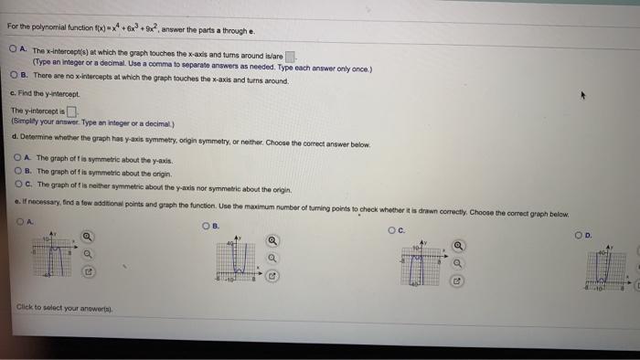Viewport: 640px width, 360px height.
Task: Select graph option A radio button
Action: coord(20,219)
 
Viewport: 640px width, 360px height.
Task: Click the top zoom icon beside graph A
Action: coord(87,238)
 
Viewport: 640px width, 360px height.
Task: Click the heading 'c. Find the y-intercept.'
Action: coord(47,94)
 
